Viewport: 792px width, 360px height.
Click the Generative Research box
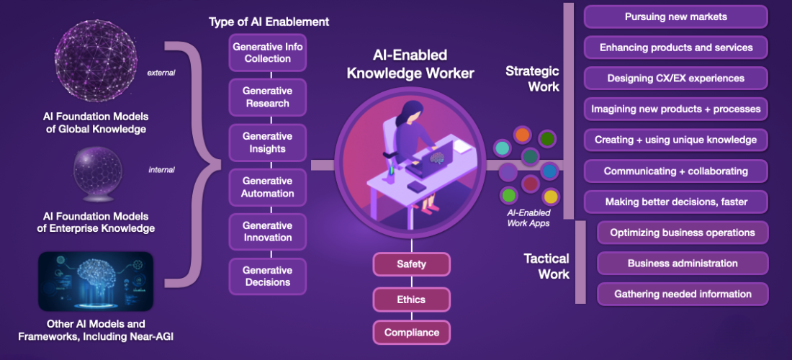(268, 97)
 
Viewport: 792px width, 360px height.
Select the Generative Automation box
(268, 186)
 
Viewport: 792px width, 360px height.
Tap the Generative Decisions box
(268, 276)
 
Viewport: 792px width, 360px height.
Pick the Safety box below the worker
(411, 264)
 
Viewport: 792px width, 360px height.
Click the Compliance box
(411, 333)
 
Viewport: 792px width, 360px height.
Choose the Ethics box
(411, 300)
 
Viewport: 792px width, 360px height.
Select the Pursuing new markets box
(676, 17)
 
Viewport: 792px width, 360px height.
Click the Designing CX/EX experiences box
(676, 78)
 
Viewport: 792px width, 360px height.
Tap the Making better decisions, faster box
(676, 202)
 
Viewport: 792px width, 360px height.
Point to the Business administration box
(683, 263)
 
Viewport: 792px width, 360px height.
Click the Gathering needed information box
(683, 294)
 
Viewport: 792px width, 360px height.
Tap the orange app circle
(522, 135)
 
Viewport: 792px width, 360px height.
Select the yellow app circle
(551, 197)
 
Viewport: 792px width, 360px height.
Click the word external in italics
(161, 73)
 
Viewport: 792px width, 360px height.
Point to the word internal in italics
(161, 170)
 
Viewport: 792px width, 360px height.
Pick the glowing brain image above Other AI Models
(96, 282)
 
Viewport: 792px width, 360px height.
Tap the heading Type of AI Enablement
(269, 22)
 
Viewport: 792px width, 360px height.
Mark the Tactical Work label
(546, 266)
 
